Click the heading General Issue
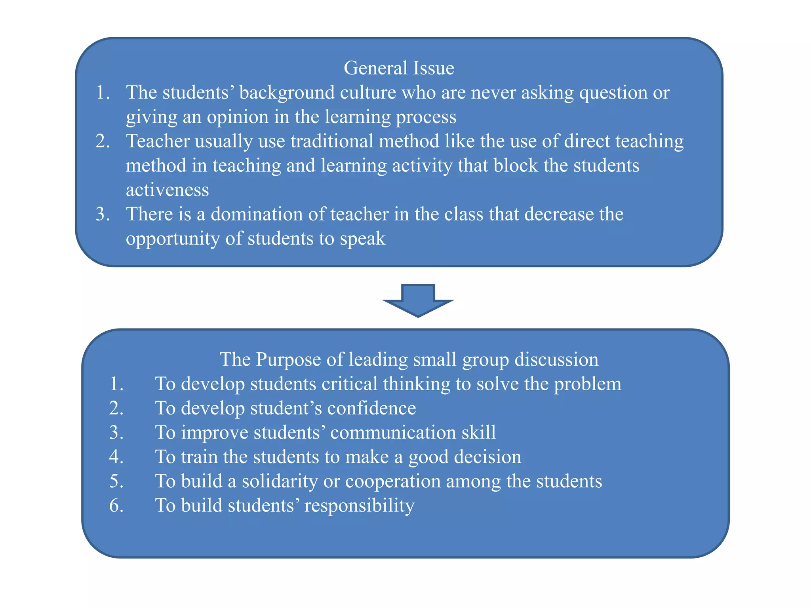[x=399, y=68]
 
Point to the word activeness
[x=167, y=190]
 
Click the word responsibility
[x=359, y=506]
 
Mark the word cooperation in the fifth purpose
[x=393, y=481]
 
